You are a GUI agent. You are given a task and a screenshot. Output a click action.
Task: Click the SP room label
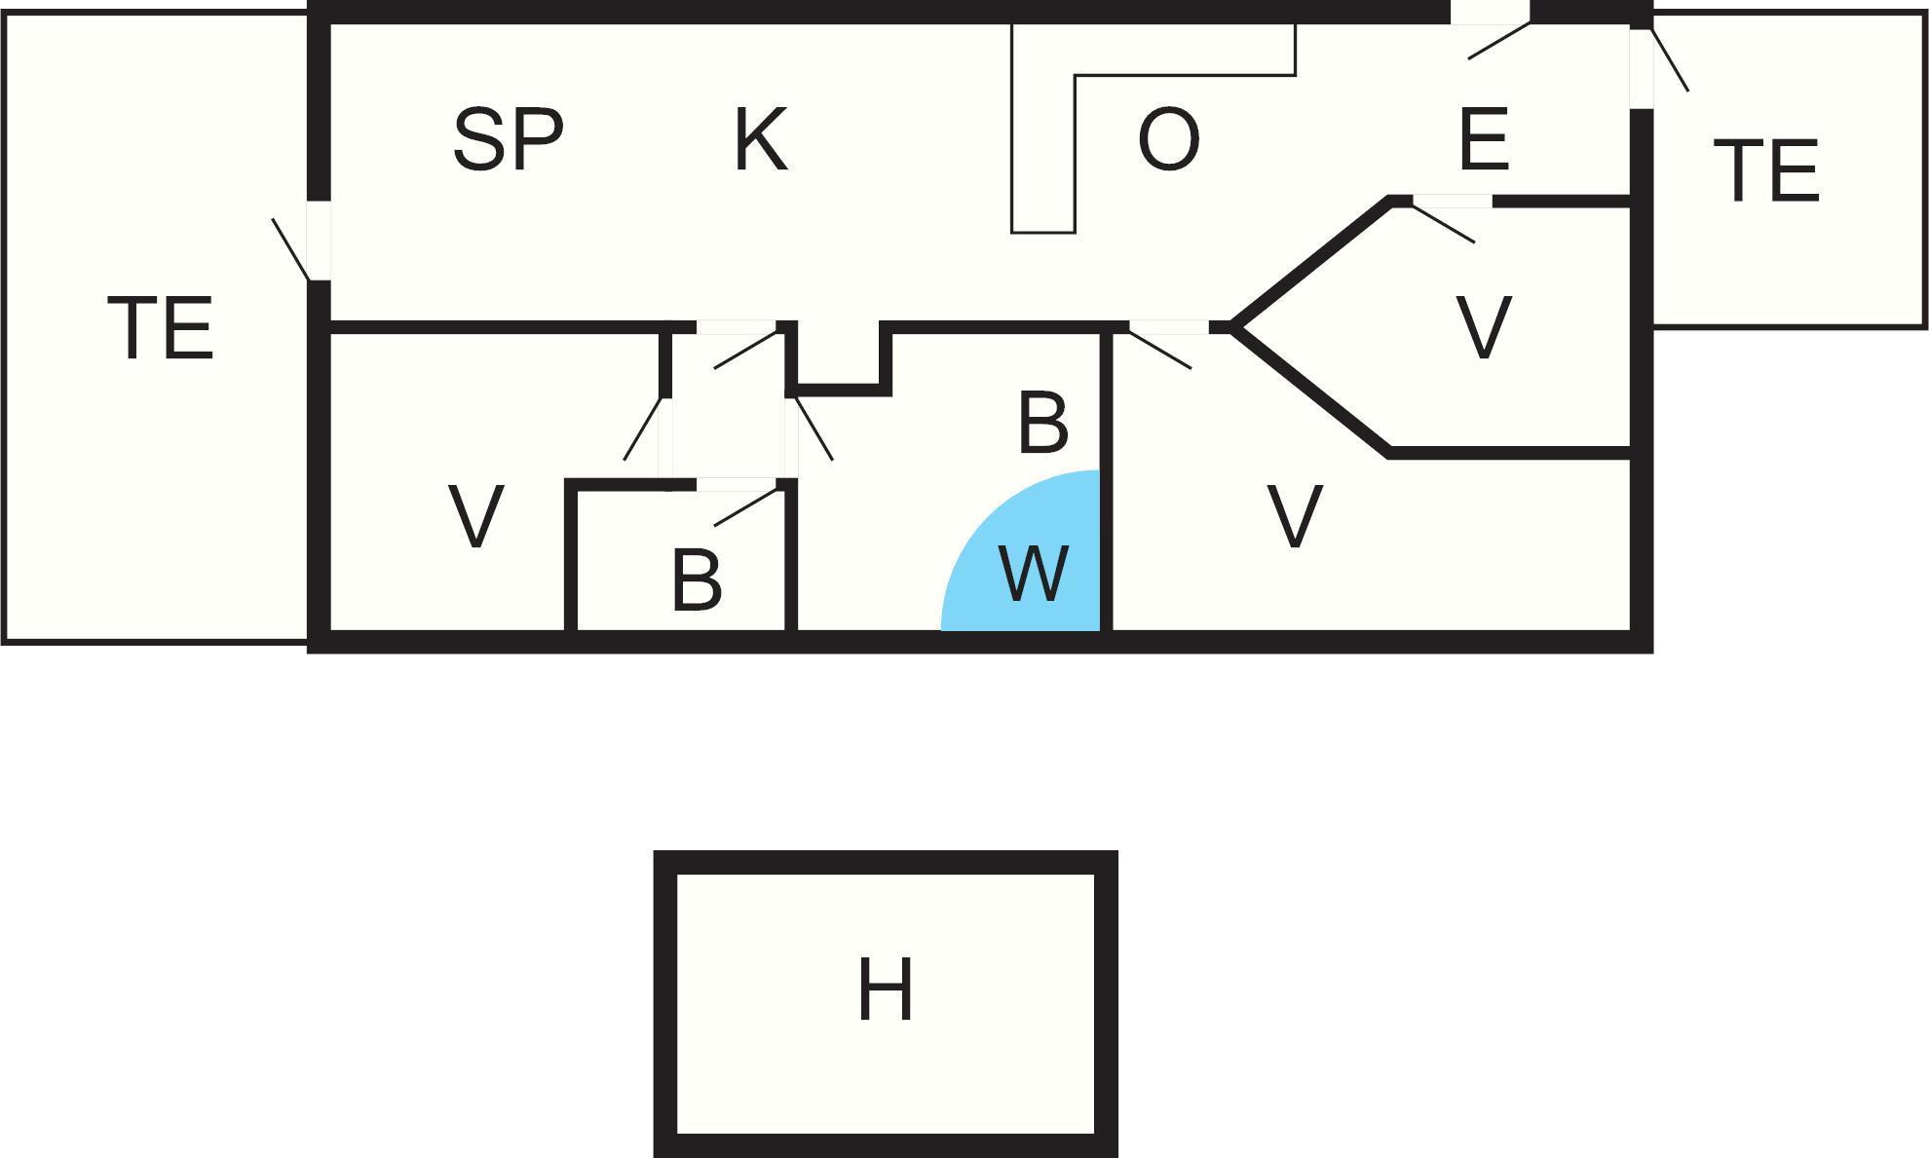[x=508, y=140]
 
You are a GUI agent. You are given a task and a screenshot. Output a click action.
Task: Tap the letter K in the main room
[x=760, y=139]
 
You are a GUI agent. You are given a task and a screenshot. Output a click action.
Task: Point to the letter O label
[x=1168, y=140]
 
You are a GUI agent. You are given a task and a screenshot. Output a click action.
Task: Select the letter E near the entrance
[x=1484, y=139]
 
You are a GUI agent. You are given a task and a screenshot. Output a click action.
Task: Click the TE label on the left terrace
[x=160, y=328]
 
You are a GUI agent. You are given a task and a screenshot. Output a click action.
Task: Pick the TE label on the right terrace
[x=1765, y=171]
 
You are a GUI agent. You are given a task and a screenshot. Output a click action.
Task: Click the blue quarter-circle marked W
[x=1021, y=551]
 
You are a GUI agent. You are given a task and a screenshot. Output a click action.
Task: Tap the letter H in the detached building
[x=886, y=990]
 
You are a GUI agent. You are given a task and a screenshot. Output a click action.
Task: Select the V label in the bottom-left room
[x=475, y=517]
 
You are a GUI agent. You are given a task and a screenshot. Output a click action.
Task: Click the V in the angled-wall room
[x=1484, y=328]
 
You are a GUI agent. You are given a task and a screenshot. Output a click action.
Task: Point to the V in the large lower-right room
[x=1295, y=517]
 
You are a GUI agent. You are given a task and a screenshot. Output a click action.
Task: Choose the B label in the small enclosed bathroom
[x=697, y=580]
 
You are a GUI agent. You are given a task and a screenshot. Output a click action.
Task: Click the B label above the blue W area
[x=1042, y=424]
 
